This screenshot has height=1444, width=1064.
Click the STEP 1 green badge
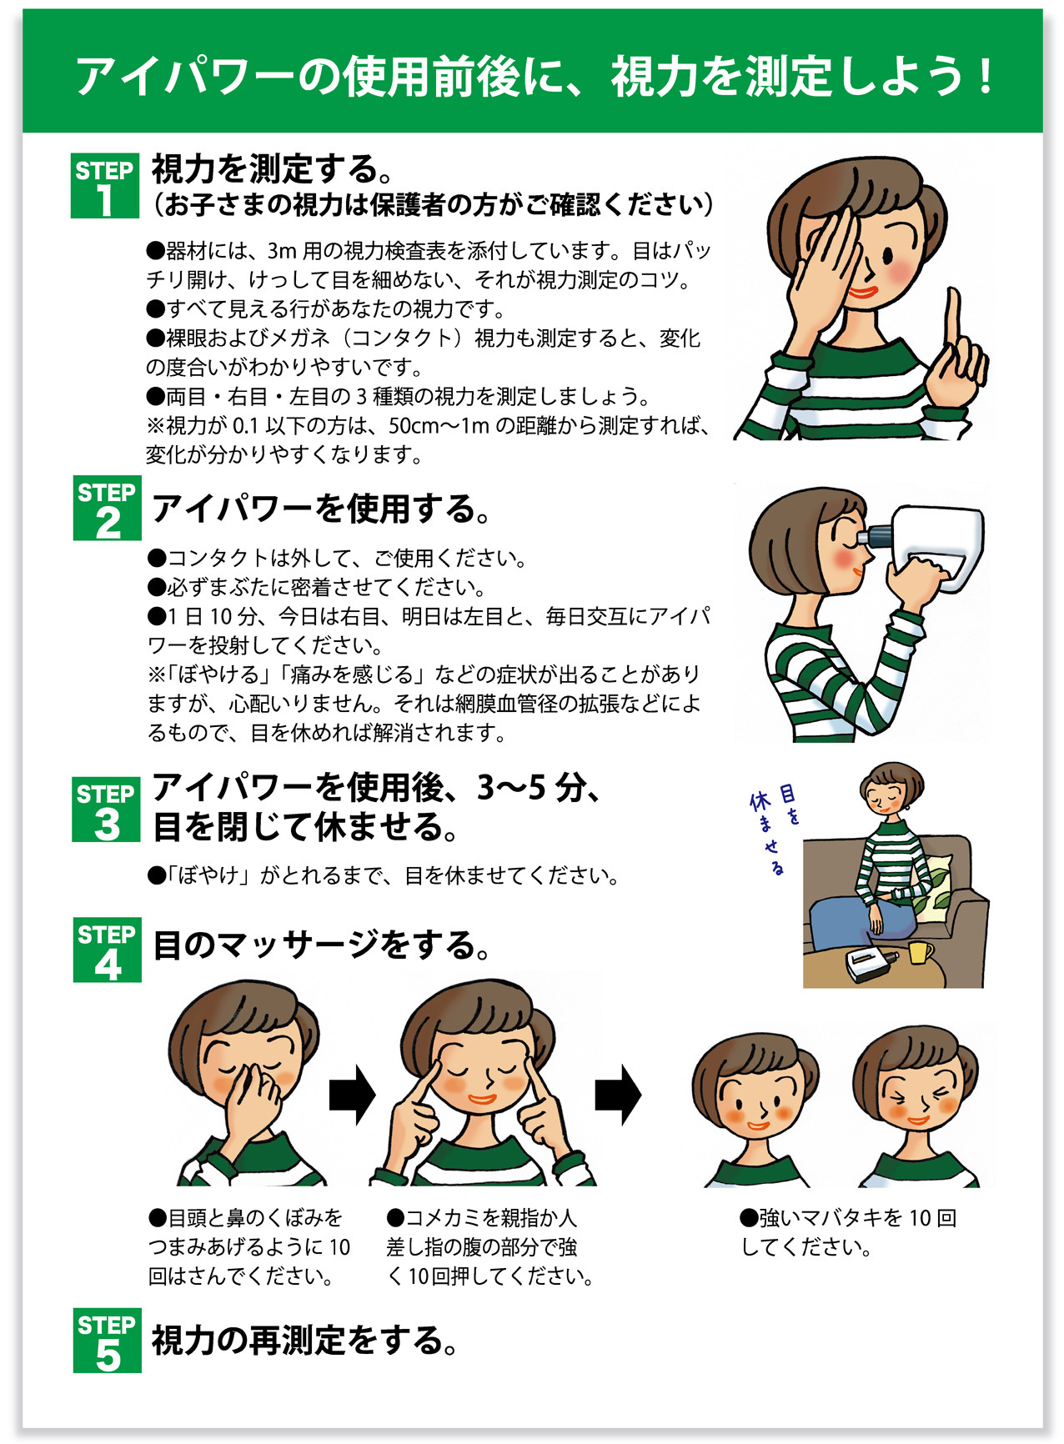click(104, 186)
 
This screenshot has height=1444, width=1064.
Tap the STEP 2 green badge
click(107, 509)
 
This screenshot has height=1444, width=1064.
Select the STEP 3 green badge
click(106, 810)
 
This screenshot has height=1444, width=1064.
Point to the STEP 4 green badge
click(107, 950)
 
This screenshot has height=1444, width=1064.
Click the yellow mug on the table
click(920, 952)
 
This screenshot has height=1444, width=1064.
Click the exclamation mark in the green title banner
click(986, 77)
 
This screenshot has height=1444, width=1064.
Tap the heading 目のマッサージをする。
click(322, 945)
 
